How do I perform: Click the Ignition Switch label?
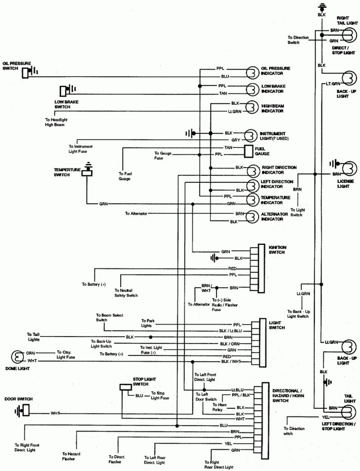277,249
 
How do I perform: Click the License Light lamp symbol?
349,168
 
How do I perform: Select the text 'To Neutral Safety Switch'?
126,293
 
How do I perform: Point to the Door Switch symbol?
22,410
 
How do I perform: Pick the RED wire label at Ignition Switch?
232,268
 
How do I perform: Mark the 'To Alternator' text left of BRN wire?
136,214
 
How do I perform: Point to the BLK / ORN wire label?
230,343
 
